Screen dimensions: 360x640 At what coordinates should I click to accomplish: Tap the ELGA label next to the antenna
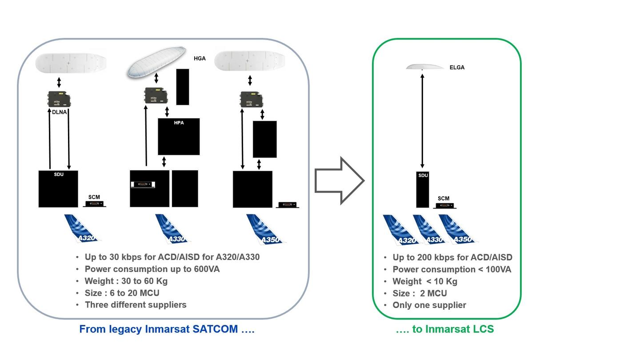pos(457,68)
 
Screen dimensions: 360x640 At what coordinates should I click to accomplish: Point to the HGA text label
pos(200,58)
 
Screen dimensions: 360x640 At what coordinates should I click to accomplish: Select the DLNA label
pos(59,112)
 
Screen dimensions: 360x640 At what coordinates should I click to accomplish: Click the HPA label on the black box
pos(179,123)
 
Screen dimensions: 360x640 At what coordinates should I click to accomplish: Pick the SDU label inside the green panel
pos(423,176)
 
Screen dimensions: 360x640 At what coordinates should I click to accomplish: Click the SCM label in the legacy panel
pos(94,197)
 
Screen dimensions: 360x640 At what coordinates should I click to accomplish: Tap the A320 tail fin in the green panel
pos(400,230)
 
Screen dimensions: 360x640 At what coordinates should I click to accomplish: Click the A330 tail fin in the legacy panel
pos(172,229)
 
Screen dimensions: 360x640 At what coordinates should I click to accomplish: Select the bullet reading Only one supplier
pos(429,305)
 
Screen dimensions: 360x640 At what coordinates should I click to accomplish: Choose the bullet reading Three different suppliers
pos(136,304)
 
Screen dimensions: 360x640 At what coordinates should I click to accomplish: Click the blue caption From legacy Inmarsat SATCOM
pos(167,329)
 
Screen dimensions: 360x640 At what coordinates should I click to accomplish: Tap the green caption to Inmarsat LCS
pos(444,329)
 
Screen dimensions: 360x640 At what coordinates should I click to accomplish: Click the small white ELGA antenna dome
pos(424,67)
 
